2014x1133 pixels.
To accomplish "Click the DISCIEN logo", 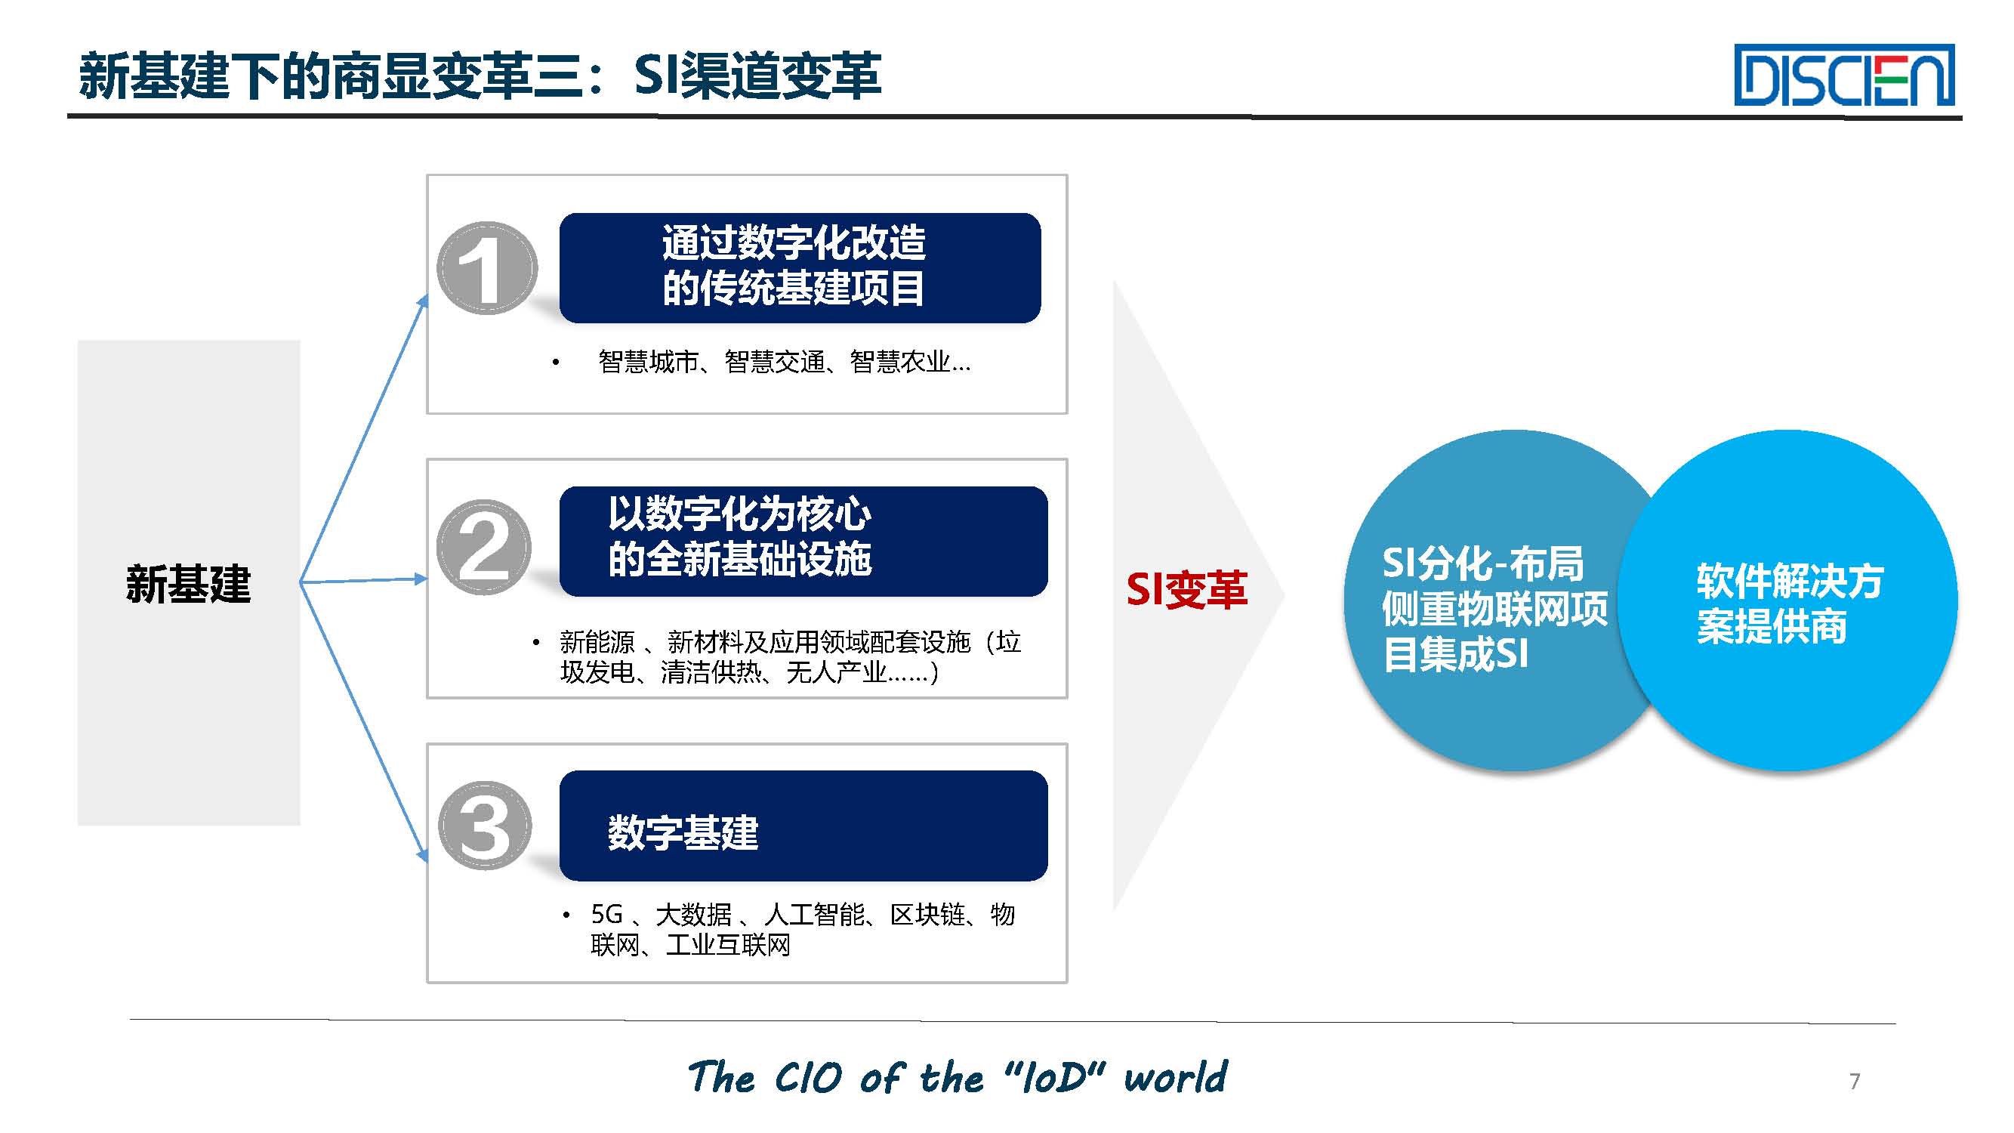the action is pyautogui.click(x=1843, y=75).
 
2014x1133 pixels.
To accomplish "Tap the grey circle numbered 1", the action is pyautogui.click(x=486, y=268).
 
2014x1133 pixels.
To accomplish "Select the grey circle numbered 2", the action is pyautogui.click(x=484, y=547).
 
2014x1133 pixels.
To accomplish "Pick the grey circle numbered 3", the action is pyautogui.click(x=485, y=825).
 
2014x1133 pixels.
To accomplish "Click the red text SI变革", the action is pyautogui.click(x=1186, y=590).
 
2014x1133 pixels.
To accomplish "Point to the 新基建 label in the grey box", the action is pyautogui.click(x=189, y=583).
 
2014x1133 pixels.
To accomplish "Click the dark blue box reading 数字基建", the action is pyautogui.click(x=803, y=826).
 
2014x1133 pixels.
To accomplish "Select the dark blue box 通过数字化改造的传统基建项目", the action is pyautogui.click(x=800, y=267).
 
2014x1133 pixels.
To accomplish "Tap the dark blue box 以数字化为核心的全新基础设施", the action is pyautogui.click(x=803, y=541).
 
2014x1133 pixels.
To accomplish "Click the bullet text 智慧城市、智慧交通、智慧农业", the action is pyautogui.click(x=784, y=362).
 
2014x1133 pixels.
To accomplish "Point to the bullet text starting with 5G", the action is pyautogui.click(x=802, y=929).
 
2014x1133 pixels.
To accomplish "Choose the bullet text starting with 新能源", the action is pyautogui.click(x=790, y=657).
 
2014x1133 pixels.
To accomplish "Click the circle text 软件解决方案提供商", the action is pyautogui.click(x=1789, y=603).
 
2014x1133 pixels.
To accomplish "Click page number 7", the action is pyautogui.click(x=1855, y=1081).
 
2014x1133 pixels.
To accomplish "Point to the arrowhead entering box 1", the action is pyautogui.click(x=423, y=301).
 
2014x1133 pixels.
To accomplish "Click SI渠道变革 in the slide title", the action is pyautogui.click(x=757, y=76).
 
